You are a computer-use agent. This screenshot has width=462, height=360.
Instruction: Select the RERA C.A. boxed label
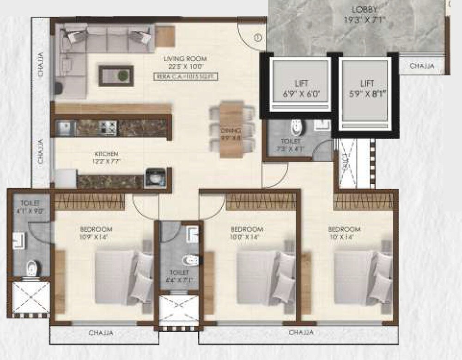tap(186, 77)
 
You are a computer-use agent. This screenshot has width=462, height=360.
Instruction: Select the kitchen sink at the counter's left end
tap(65, 127)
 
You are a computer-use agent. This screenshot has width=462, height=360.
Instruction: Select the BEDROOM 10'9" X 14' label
tap(96, 233)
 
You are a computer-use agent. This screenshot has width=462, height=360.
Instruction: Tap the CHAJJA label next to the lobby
tap(422, 66)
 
